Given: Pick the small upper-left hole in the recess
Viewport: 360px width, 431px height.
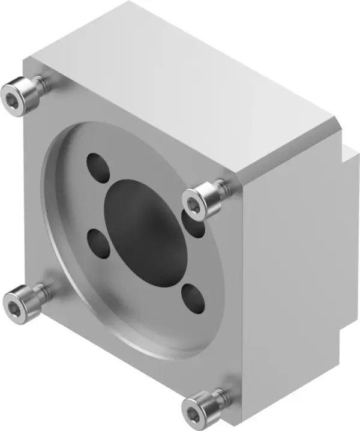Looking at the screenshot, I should (98, 167).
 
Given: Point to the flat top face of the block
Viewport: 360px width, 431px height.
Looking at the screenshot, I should (180, 78).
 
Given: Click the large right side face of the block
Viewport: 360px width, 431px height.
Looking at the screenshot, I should (291, 270).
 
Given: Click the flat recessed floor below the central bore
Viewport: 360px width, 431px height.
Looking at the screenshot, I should (144, 312).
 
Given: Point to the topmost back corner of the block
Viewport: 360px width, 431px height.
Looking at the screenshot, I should (129, 3).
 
